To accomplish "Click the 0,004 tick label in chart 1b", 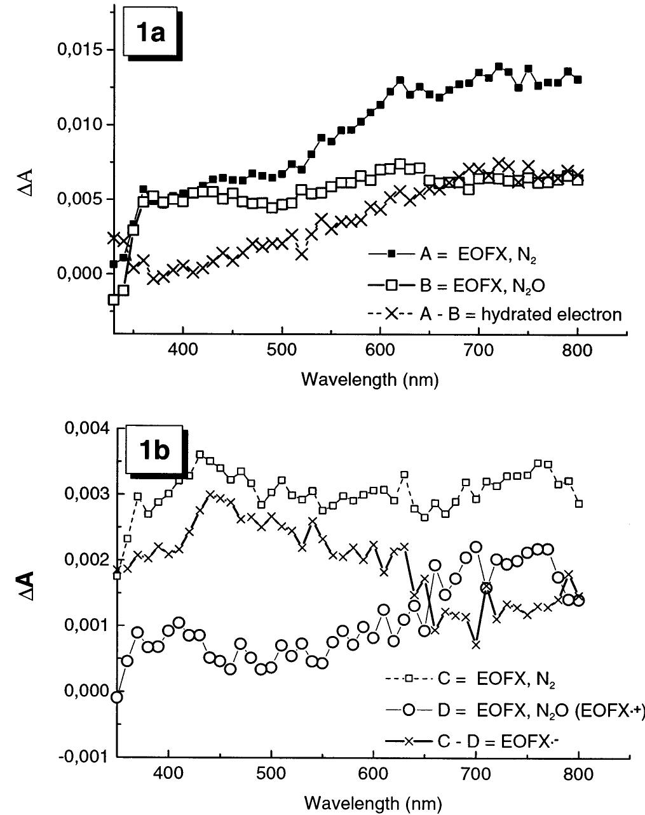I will pos(86,428).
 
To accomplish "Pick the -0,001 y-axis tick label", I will pos(85,757).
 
